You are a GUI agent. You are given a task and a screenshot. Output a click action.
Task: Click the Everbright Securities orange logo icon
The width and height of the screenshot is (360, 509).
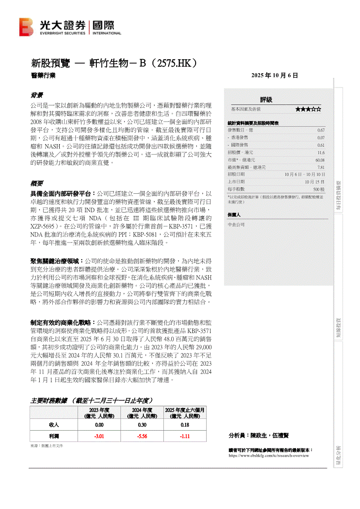tap(26, 27)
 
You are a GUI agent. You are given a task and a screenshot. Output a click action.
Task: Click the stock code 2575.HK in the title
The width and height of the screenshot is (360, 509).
tap(172, 63)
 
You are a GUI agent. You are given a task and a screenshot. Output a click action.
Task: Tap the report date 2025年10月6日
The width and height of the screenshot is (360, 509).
tap(275, 75)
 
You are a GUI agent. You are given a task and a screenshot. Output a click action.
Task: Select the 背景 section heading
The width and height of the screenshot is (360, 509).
tap(36, 95)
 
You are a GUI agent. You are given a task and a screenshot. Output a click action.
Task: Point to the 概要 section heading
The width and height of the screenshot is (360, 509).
tap(36, 183)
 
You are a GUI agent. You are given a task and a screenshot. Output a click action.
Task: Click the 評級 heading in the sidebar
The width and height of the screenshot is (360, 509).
tap(266, 100)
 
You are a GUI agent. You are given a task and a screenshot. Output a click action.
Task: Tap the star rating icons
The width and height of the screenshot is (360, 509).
tap(308, 109)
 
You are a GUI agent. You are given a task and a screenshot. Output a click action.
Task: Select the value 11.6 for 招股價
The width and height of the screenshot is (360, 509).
tap(321, 152)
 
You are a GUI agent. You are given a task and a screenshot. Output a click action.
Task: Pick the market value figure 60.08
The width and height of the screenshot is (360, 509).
tap(319, 160)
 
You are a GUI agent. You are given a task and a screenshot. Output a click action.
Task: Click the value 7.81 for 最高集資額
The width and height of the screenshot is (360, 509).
tap(321, 167)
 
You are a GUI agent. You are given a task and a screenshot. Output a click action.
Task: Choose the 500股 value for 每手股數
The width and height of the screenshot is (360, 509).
tap(319, 189)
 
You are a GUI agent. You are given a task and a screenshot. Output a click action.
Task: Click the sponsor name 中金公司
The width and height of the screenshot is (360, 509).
tap(236, 225)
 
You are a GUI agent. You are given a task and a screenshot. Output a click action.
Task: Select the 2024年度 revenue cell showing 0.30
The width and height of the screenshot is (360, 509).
tap(142, 425)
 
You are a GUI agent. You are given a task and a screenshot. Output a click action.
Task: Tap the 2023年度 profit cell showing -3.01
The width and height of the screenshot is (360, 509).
tap(99, 436)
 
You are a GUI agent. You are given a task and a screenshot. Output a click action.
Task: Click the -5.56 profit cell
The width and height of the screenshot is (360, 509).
tap(142, 436)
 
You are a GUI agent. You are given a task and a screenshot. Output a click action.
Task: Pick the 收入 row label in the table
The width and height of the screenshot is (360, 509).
tap(54, 425)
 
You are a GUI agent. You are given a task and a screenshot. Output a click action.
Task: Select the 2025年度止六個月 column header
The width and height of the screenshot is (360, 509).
tap(185, 413)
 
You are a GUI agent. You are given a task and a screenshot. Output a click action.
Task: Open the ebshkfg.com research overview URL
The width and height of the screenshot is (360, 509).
tap(268, 455)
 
